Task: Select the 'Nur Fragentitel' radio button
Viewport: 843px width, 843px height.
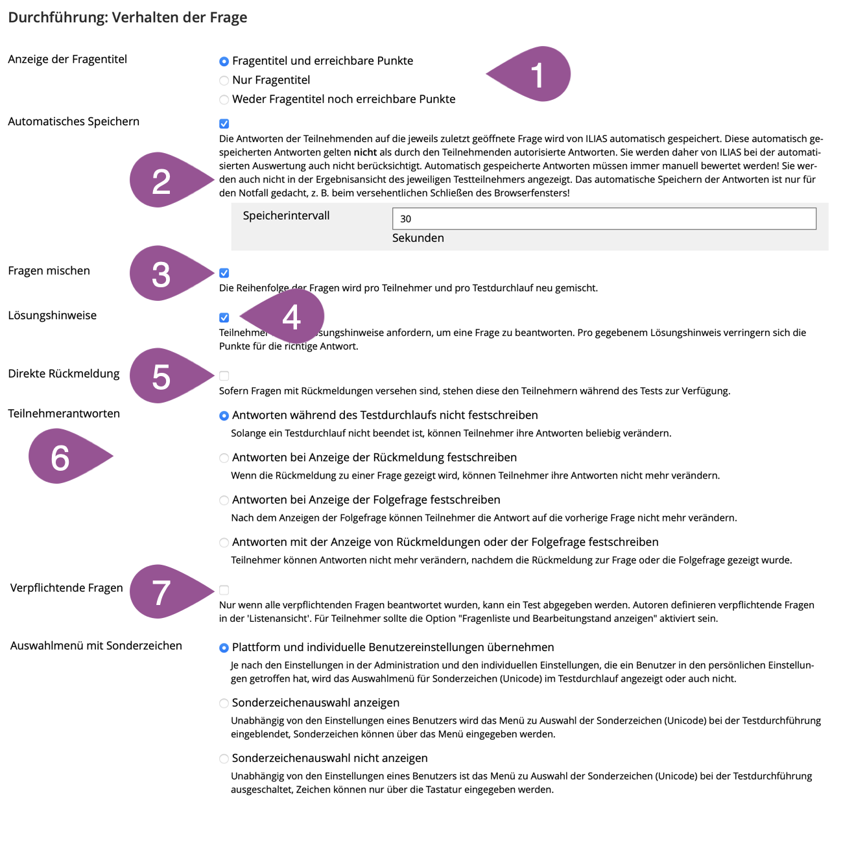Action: point(224,80)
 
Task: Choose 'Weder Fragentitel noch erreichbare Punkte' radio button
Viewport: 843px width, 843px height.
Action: point(224,99)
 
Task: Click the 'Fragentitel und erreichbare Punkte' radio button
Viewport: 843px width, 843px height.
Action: point(224,61)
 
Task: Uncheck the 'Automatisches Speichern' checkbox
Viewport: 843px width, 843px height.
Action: point(224,124)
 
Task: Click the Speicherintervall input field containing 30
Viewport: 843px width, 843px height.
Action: point(604,219)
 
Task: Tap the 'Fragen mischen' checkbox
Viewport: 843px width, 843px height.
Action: point(224,273)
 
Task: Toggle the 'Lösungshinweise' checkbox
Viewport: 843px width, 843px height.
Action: point(224,318)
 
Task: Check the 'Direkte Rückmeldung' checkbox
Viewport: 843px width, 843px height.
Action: point(224,375)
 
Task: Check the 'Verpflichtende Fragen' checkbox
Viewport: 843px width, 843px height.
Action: point(224,590)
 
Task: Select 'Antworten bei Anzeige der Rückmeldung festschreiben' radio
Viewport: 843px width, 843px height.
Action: point(224,458)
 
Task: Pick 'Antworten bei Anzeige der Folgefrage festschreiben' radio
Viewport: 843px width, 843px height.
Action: point(224,500)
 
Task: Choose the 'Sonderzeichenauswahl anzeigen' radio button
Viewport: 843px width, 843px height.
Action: point(224,703)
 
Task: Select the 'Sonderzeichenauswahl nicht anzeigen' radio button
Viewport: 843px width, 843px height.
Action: point(224,759)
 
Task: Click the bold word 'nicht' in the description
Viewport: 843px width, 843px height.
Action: point(365,152)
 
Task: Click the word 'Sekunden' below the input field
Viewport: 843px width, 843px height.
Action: point(418,238)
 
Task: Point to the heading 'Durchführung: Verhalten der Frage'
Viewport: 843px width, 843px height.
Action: point(128,18)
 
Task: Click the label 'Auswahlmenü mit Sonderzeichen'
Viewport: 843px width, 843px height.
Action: point(96,646)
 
